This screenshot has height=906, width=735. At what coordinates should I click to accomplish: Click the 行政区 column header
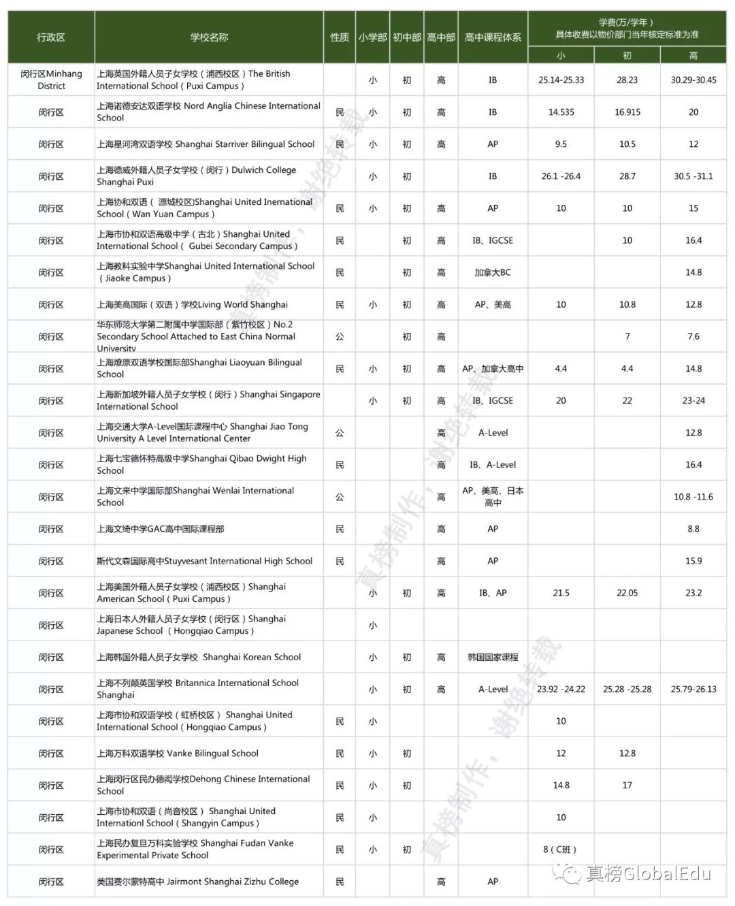51,37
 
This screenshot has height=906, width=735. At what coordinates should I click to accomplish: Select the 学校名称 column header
209,37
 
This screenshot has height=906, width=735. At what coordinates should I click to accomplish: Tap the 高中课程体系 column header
493,37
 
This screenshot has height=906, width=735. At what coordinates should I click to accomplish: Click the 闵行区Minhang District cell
51,80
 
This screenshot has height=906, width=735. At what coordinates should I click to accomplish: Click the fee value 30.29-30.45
693,80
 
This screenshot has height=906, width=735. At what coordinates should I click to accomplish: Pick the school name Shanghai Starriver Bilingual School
206,144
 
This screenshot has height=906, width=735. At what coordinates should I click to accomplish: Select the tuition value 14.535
561,112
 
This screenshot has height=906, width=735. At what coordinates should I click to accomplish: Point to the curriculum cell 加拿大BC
493,272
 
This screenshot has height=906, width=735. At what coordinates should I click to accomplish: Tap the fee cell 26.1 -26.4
561,176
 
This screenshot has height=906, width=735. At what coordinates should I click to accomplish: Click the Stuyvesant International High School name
204,561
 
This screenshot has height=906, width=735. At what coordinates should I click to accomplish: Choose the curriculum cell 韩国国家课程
493,658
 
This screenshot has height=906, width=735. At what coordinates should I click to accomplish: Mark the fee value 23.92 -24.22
561,690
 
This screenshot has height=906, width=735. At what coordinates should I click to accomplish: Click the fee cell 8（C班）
561,850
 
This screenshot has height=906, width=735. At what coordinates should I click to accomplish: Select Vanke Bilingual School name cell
178,754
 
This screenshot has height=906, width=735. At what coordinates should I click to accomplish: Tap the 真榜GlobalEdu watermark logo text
647,873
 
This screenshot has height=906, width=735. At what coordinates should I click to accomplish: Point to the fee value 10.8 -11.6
693,497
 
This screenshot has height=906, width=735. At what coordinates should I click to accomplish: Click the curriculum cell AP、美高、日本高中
493,497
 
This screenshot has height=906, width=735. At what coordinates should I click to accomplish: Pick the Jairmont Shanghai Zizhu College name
197,881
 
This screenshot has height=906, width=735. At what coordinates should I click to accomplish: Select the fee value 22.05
627,593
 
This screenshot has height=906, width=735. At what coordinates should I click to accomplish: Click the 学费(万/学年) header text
627,22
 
